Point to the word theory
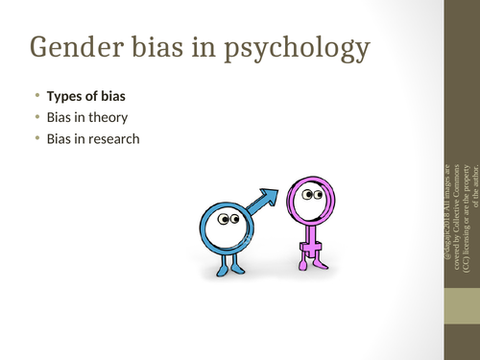pyautogui.click(x=108, y=118)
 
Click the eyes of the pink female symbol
pyautogui.click(x=313, y=195)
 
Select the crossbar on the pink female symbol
pyautogui.click(x=309, y=251)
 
